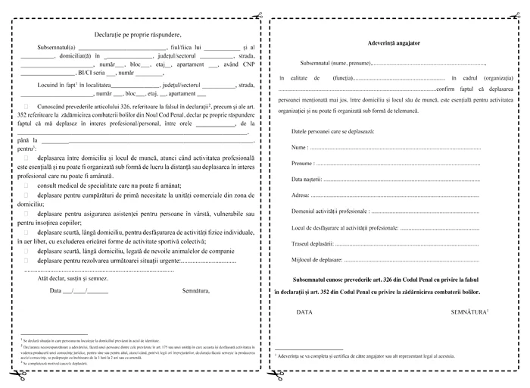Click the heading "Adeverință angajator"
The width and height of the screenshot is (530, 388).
[394, 42]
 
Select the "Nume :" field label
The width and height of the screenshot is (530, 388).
[300, 146]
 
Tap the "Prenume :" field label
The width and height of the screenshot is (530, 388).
[304, 163]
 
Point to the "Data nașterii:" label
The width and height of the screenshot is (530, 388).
[307, 179]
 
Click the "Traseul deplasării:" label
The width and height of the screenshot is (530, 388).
[313, 244]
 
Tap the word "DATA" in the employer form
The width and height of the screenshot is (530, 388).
[304, 311]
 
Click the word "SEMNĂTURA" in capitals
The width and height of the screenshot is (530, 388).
[469, 311]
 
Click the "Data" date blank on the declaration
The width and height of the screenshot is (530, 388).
[70, 289]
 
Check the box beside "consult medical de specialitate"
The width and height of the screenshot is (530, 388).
[29, 185]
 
